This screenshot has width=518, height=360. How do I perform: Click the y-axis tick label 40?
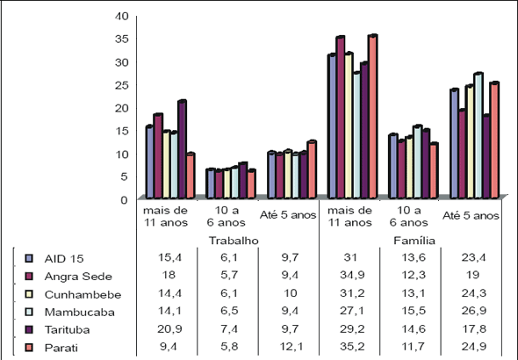tap(121, 16)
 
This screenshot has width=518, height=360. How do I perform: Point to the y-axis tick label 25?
tap(121, 85)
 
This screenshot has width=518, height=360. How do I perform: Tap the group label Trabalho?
tap(234, 241)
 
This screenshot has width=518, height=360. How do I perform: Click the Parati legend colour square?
tap(29, 348)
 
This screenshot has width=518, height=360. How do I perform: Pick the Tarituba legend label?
tap(67, 329)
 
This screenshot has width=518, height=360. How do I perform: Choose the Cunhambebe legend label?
tap(83, 294)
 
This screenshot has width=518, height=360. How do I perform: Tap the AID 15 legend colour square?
tap(29, 258)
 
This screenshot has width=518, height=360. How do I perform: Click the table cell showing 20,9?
tap(169, 329)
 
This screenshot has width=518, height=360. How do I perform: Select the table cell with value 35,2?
tap(352, 347)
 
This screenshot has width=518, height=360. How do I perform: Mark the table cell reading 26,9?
tap(474, 311)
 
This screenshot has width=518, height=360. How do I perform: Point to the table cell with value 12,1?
tap(291, 347)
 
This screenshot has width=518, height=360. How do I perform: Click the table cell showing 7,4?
tap(229, 329)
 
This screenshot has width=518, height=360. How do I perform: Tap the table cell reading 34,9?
tap(352, 275)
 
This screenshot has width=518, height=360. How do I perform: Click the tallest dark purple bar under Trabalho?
tap(182, 149)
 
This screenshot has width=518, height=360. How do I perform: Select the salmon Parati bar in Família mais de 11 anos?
tap(373, 117)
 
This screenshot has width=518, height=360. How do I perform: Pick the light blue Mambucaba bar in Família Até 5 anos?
tap(478, 136)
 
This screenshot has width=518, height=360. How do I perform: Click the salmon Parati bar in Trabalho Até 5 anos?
tap(312, 169)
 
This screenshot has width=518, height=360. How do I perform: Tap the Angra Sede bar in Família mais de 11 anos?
tap(341, 118)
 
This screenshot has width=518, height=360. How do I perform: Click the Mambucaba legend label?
tap(80, 312)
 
